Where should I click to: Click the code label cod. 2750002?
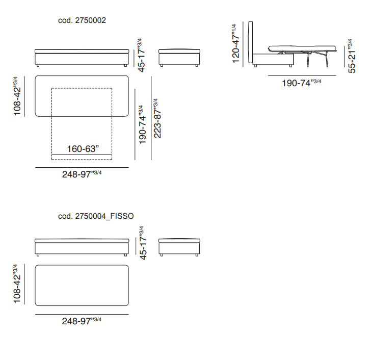point(82,20)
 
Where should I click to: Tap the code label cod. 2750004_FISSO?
point(96,216)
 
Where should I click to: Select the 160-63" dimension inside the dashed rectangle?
point(83,149)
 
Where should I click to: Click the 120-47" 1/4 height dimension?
point(235,43)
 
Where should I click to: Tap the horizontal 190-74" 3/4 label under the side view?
point(301,83)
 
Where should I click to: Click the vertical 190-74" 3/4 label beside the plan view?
point(143,124)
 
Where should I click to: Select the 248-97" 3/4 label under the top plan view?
point(82,174)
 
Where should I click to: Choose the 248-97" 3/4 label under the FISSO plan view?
point(82,321)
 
